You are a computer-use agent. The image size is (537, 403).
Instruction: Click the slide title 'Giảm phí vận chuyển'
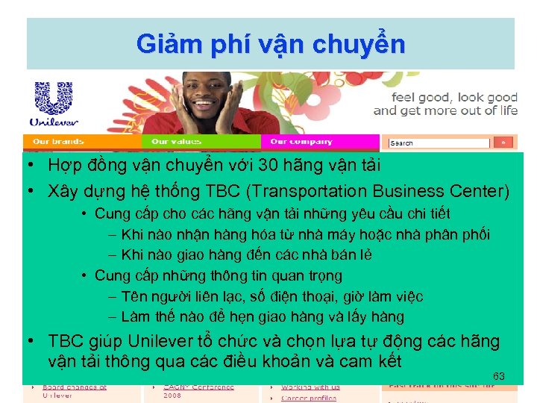click(271, 44)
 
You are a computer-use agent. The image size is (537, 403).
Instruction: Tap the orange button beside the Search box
click(503, 143)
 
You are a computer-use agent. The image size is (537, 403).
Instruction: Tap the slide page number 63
click(499, 376)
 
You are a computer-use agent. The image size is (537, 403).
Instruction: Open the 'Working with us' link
click(310, 387)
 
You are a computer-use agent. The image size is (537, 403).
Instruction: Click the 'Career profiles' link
click(309, 398)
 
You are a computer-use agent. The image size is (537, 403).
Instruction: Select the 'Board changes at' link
click(75, 387)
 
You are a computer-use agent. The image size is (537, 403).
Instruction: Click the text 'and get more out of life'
click(445, 110)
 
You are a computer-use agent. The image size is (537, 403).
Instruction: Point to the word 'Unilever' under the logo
click(51, 121)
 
